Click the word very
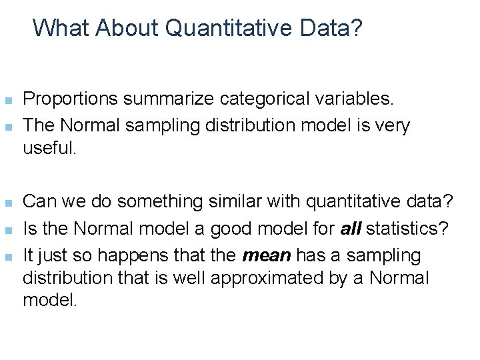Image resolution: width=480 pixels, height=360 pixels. point(396,125)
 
